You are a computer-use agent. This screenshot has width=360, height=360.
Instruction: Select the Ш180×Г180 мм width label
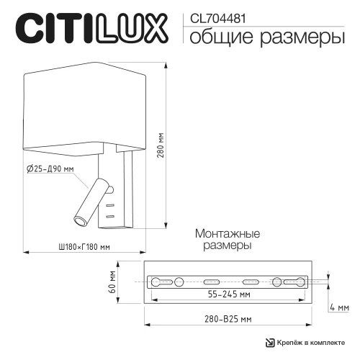pyautogui.click(x=83, y=246)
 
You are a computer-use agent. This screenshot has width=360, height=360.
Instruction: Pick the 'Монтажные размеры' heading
pyautogui.click(x=227, y=239)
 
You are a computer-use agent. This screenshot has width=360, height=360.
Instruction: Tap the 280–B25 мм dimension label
pyautogui.click(x=227, y=318)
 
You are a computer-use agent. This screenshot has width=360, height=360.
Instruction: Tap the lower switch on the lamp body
pyautogui.click(x=110, y=215)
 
